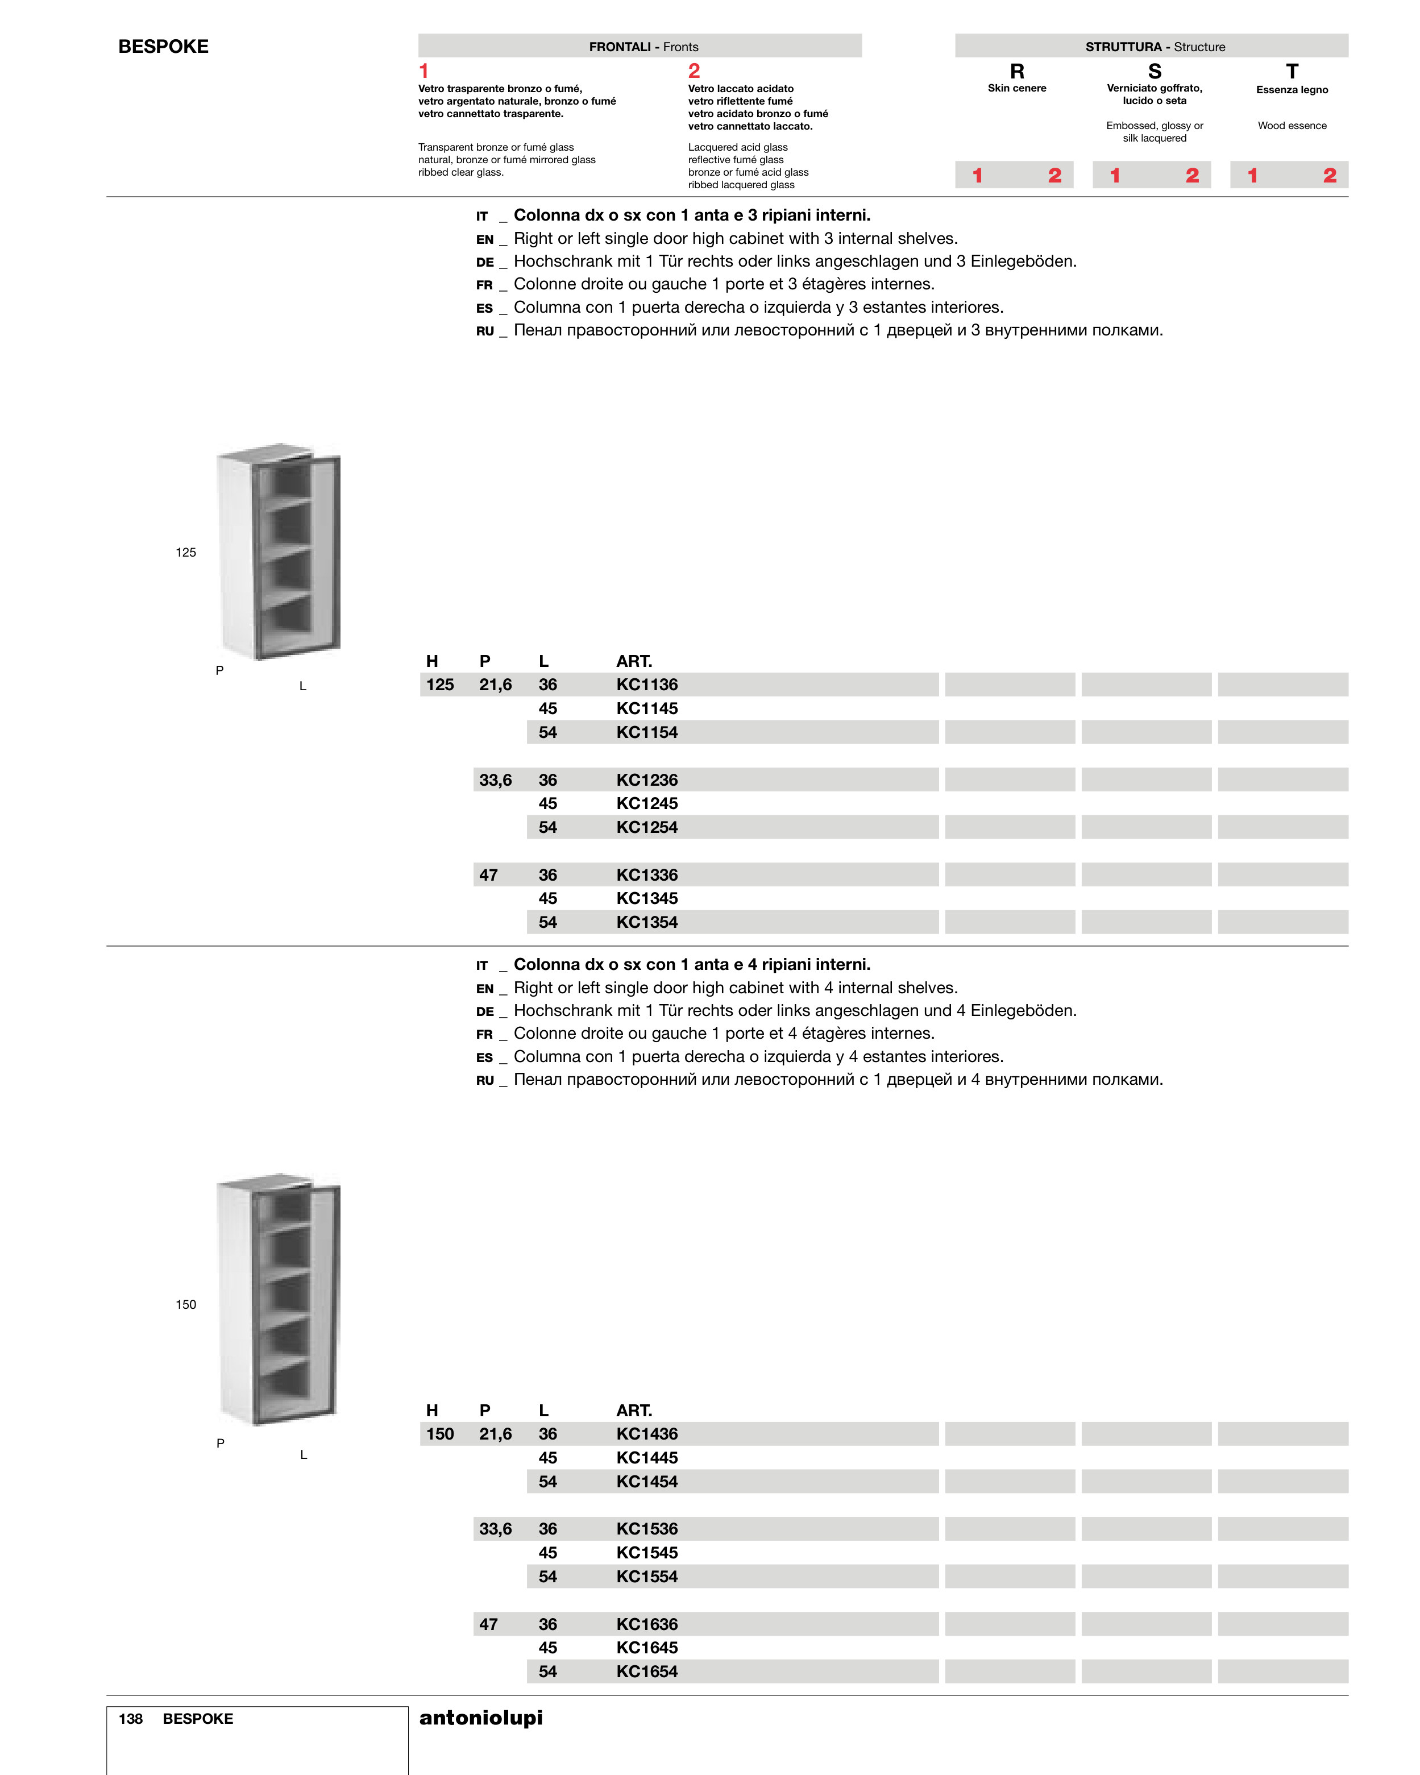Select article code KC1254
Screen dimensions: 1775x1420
coord(646,827)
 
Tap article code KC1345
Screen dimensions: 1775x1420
coord(646,898)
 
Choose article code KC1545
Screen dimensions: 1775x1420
coord(646,1553)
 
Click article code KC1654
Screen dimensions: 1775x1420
coord(646,1672)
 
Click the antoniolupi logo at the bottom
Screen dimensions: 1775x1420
coord(481,1718)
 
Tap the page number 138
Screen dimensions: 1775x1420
coord(130,1719)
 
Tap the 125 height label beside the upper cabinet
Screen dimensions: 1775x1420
coord(185,553)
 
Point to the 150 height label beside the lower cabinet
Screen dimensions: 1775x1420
coord(185,1304)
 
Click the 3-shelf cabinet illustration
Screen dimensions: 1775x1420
coord(278,551)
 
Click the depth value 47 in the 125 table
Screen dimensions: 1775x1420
coord(488,875)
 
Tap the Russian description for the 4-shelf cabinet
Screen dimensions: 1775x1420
coord(837,1079)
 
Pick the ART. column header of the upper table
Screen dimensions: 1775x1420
coord(633,661)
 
